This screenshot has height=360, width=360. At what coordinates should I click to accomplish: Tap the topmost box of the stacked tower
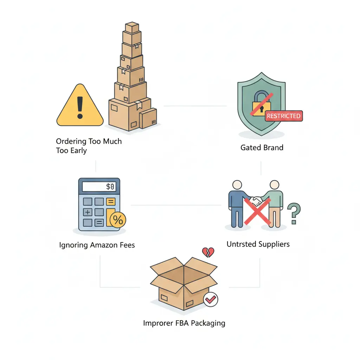[132, 27]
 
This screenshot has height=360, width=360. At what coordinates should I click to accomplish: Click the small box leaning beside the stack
[148, 118]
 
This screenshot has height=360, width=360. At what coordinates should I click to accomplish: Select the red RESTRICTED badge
[283, 116]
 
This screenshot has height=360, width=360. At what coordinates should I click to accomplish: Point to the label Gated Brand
[262, 148]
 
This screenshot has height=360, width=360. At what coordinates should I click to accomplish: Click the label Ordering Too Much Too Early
[89, 146]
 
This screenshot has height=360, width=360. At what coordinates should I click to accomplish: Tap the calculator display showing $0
[99, 187]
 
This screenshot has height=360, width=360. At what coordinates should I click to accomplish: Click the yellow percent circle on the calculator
[118, 220]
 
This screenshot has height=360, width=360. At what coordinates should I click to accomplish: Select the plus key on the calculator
[88, 212]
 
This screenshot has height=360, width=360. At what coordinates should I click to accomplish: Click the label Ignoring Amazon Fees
[97, 245]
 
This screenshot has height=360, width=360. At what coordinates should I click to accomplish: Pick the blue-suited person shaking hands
[236, 204]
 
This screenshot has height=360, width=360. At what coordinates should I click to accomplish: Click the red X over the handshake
[257, 211]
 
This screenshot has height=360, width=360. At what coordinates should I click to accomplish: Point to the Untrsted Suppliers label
[258, 244]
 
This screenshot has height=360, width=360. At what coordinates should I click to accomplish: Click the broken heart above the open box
[208, 252]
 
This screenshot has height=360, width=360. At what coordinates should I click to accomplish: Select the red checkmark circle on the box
[211, 300]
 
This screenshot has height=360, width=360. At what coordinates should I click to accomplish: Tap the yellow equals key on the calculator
[110, 202]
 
